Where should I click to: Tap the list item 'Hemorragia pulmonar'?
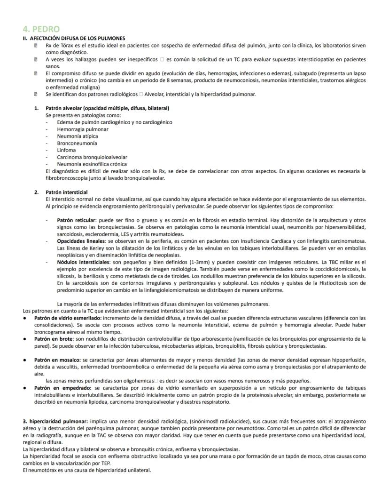click(x=83, y=129)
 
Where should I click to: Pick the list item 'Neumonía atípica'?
click(x=78, y=136)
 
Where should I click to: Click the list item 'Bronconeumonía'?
click(x=77, y=143)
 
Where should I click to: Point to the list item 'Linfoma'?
click(x=66, y=150)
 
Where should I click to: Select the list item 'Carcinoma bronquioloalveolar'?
click(x=92, y=157)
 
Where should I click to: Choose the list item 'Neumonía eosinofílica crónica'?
click(x=93, y=164)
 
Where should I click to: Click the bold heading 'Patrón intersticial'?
click(x=66, y=192)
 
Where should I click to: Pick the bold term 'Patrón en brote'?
click(x=52, y=339)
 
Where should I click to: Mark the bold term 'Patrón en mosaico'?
click(x=56, y=360)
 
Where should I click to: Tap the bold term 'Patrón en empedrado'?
click(x=59, y=388)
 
